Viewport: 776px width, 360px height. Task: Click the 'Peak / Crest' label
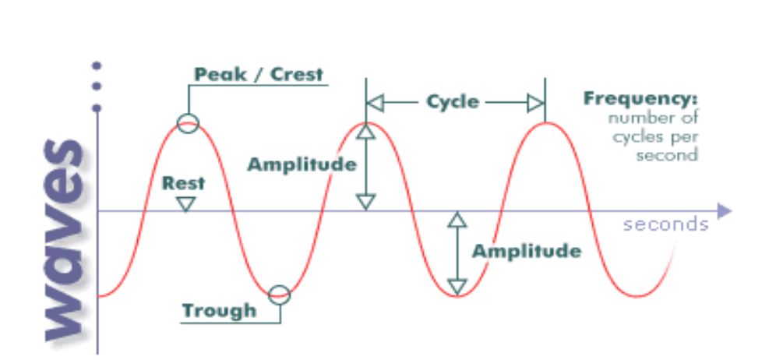259,75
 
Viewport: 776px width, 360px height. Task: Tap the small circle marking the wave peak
188,122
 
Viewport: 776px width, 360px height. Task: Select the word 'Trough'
219,310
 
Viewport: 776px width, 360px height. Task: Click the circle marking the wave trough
279,295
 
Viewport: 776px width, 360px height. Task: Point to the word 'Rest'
184,184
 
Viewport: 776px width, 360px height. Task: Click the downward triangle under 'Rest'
185,203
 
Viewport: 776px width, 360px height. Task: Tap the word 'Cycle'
453,102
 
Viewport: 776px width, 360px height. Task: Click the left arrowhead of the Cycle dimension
375,103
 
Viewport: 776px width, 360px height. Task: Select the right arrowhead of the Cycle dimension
535,103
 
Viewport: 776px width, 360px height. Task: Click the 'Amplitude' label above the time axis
302,164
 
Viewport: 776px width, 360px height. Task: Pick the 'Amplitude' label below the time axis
527,251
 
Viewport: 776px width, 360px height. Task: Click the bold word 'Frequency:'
640,100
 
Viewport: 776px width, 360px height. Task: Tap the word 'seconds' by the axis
666,224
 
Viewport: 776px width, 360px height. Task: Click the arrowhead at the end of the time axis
725,210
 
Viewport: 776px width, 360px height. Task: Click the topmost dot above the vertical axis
97,66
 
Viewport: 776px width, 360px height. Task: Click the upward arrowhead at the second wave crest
365,132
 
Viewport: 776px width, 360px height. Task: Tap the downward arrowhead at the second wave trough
457,284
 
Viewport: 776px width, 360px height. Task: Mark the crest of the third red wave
545,123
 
